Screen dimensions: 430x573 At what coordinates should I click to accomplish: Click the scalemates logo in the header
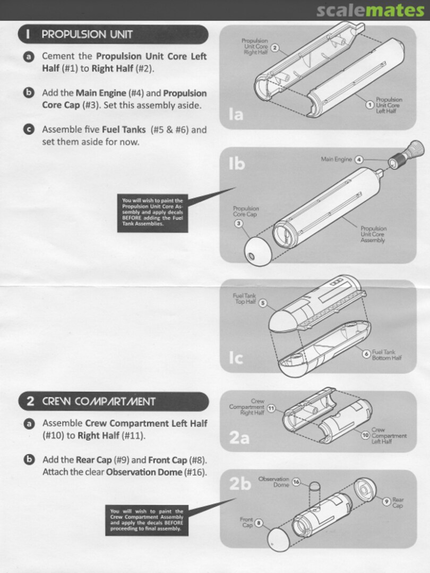(370, 10)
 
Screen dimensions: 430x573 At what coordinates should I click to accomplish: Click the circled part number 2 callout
(275, 48)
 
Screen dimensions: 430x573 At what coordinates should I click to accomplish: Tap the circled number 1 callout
(370, 105)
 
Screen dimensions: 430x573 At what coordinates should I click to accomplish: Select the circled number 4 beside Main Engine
(359, 160)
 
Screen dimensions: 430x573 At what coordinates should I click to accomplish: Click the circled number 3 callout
(239, 223)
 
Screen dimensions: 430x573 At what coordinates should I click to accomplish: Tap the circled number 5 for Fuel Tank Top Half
(263, 303)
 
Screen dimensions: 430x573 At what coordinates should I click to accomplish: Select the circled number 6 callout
(366, 354)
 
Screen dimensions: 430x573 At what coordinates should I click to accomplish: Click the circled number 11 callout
(271, 408)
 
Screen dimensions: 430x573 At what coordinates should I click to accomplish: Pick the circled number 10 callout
(365, 435)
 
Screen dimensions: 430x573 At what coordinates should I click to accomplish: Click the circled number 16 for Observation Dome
(296, 482)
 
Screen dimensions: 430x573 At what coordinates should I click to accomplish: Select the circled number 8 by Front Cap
(259, 523)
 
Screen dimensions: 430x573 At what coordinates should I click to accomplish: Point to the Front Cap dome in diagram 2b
(279, 539)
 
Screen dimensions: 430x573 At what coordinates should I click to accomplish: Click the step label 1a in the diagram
(236, 115)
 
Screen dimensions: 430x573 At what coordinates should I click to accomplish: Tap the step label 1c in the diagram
(236, 358)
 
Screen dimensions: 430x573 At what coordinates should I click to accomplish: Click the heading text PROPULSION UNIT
(87, 34)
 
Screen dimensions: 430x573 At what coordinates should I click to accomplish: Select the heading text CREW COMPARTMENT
(99, 401)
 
